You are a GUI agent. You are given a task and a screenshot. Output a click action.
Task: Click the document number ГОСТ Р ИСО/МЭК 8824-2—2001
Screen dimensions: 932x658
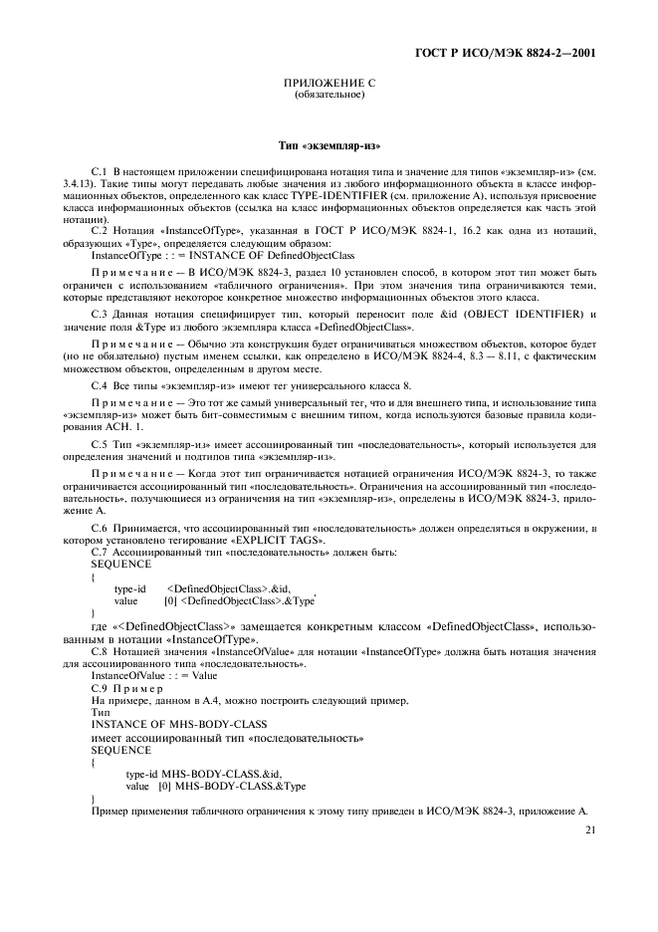click(x=520, y=52)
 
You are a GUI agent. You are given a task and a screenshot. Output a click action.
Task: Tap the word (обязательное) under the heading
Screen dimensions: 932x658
click(x=329, y=96)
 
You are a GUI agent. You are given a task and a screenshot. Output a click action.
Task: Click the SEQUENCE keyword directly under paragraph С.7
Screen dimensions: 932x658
click(x=119, y=563)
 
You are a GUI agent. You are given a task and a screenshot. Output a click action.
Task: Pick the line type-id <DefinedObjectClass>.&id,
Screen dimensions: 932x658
click(x=202, y=588)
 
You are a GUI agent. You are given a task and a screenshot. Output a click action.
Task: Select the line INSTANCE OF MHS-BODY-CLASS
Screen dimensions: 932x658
click(x=166, y=724)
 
